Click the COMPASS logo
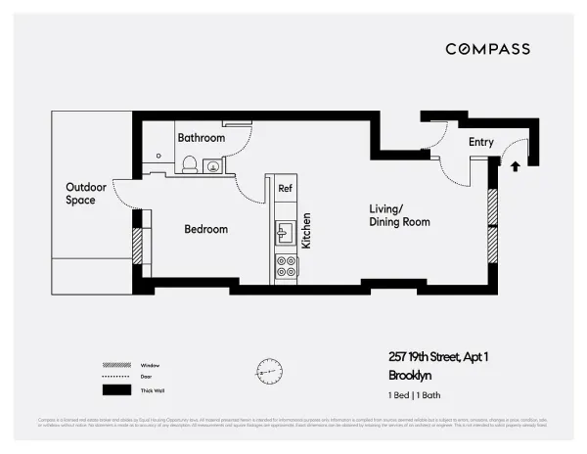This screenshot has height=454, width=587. point(487,49)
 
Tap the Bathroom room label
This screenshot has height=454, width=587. point(201,138)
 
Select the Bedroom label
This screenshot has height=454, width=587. point(206,229)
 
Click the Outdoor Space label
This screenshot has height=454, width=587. point(80,194)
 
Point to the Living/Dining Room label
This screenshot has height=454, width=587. point(399,215)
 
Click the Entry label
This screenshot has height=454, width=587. point(480,143)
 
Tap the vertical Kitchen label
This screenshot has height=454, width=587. point(306,231)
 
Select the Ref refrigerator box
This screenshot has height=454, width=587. point(285,188)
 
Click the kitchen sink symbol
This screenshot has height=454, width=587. point(285,232)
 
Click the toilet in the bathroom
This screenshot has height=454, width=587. point(190,164)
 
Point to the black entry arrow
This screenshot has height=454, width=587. point(516,166)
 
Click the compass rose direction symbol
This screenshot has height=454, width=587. point(269,371)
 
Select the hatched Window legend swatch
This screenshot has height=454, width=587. point(116,365)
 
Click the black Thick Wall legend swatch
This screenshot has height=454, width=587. point(116,389)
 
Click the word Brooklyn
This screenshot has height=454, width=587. point(410,374)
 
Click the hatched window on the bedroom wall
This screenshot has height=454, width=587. point(138,246)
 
